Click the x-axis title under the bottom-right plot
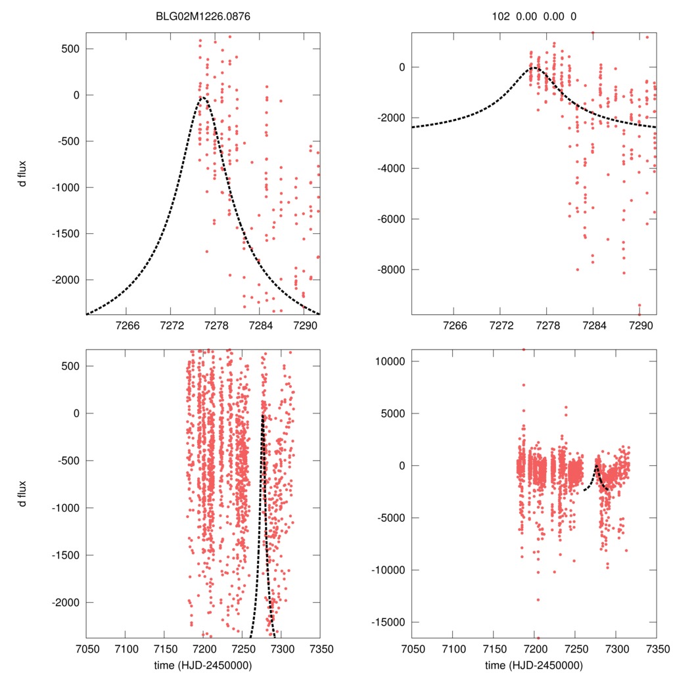(x=534, y=664)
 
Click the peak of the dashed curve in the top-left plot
(x=202, y=98)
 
